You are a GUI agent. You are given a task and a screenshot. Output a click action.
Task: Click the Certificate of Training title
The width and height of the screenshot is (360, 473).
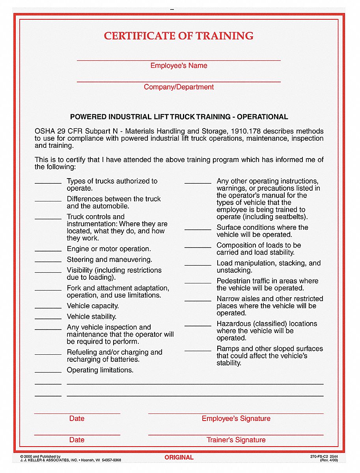(179, 36)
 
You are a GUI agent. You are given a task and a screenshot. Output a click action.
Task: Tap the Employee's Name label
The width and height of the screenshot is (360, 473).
(179, 66)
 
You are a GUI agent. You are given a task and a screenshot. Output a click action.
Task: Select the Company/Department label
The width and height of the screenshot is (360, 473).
(179, 87)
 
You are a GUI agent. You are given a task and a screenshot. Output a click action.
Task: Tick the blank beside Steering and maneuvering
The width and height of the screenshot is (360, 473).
(48, 261)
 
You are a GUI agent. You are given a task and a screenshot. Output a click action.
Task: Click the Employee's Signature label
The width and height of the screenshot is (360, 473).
(236, 419)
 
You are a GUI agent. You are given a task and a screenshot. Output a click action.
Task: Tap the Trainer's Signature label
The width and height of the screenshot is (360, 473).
(236, 440)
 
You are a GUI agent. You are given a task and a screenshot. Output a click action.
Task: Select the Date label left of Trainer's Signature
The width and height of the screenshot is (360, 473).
(76, 440)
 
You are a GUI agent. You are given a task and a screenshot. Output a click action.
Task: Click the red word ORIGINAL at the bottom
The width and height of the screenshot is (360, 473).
(179, 458)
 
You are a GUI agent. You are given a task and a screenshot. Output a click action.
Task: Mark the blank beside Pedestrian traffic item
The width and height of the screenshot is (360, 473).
(198, 282)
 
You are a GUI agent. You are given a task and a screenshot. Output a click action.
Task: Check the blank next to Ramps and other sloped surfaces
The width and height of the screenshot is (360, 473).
(198, 350)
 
